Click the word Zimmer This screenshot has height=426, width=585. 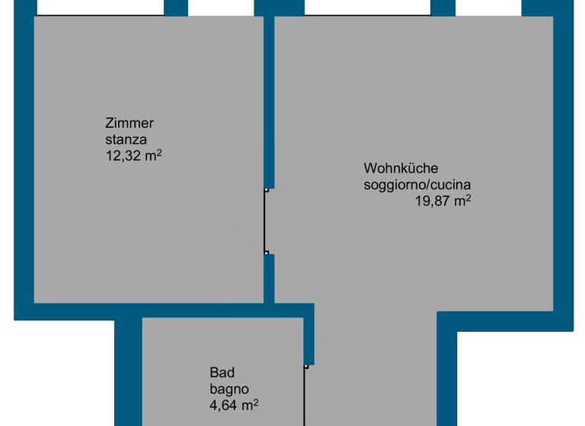click(130, 123)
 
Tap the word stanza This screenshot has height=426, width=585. click(126, 139)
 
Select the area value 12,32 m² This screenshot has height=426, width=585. click(134, 156)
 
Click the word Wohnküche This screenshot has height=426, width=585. click(401, 168)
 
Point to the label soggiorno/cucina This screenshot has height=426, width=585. click(417, 185)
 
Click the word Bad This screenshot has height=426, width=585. click(222, 373)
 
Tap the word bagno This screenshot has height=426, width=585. click(228, 389)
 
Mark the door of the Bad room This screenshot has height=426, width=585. click(305, 396)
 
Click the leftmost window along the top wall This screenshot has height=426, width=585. click(100, 8)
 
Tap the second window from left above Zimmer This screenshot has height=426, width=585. click(221, 8)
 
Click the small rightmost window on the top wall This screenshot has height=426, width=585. click(488, 8)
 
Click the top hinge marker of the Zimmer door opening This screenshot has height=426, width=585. click(266, 189)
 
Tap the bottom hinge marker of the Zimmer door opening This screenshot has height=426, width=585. click(266, 253)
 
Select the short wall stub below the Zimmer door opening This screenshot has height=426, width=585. click(269, 278)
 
